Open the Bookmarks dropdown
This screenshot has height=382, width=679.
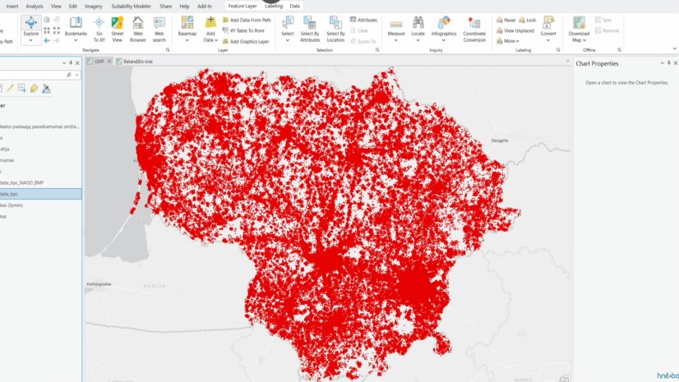pyautogui.click(x=76, y=28)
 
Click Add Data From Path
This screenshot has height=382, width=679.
pyautogui.click(x=250, y=20)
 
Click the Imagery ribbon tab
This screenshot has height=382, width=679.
pyautogui.click(x=94, y=6)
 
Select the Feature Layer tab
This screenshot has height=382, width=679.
pyautogui.click(x=242, y=6)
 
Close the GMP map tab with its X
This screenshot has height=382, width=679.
pyautogui.click(x=109, y=61)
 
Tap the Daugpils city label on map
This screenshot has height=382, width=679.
pyautogui.click(x=500, y=140)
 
